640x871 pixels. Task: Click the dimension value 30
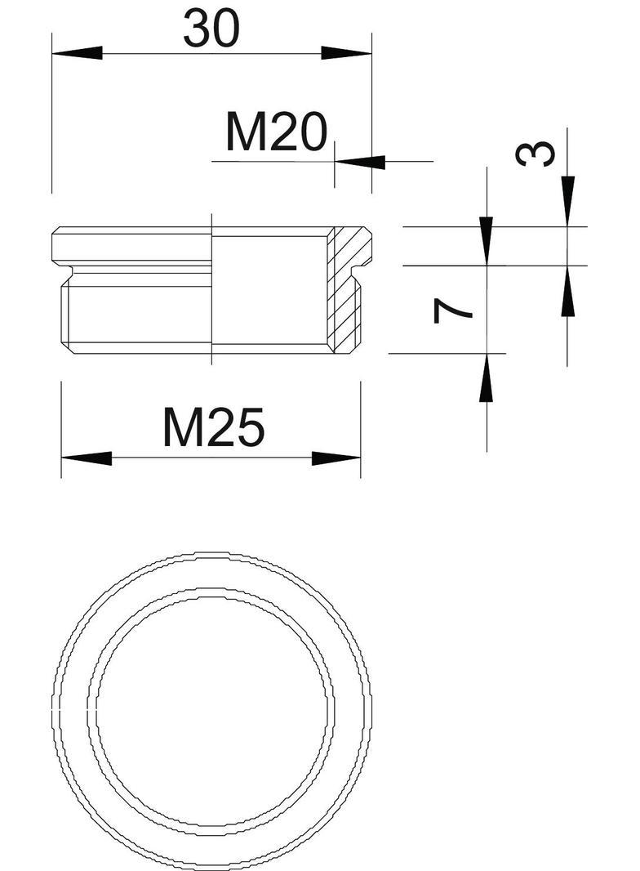point(211,29)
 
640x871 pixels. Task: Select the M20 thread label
point(276,133)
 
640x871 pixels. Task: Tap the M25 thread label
point(214,428)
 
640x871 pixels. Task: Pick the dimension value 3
point(539,153)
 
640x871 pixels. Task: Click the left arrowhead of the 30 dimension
point(77,53)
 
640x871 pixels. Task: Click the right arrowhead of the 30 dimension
point(346,53)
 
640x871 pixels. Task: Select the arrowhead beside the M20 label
point(359,162)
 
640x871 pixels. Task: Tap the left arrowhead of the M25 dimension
point(86,458)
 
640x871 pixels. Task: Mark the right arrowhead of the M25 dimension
point(336,458)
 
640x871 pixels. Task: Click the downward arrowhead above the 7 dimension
point(487,240)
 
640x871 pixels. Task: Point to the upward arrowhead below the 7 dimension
point(487,377)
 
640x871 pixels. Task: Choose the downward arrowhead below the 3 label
point(567,201)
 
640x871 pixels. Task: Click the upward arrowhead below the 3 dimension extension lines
point(567,291)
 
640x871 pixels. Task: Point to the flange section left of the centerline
point(131,245)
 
